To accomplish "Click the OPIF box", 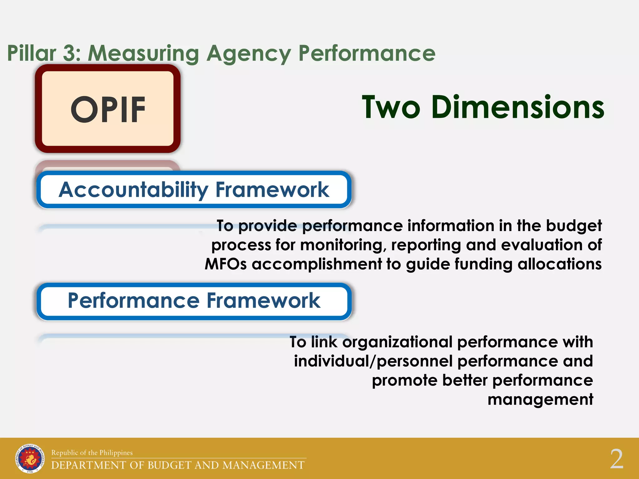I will click(108, 109).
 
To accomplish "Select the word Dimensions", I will click(518, 107).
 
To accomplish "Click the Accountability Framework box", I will click(194, 190).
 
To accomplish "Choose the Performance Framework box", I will click(194, 301).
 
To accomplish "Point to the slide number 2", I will click(617, 459).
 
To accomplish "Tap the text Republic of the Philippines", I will click(92, 452).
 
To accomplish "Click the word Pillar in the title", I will click(32, 53).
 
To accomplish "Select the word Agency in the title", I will click(248, 54).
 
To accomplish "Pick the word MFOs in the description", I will click(226, 264).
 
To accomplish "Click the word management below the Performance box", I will click(540, 399).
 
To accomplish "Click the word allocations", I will click(559, 264).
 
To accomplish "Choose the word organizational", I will click(397, 342).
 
